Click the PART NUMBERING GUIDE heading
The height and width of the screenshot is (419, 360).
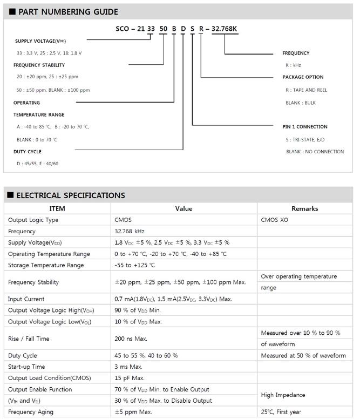coord(68,12)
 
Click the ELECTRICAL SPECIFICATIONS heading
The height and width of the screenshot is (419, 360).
coord(71,195)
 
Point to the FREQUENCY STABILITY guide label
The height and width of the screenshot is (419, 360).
coord(38,65)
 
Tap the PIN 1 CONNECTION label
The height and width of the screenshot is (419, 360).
coord(305,127)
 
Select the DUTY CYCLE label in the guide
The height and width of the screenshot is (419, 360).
coord(28,152)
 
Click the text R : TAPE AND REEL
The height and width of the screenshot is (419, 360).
coord(306,90)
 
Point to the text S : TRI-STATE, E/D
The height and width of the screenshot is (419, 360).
coord(305,140)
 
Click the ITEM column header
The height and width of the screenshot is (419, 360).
coord(57,208)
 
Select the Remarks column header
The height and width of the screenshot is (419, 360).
coord(304,208)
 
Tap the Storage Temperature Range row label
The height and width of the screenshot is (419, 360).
coord(46,265)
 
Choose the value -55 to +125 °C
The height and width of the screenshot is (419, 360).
coord(135,265)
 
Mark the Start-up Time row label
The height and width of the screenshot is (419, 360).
coord(27,367)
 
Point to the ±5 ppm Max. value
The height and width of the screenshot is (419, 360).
coord(134,412)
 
